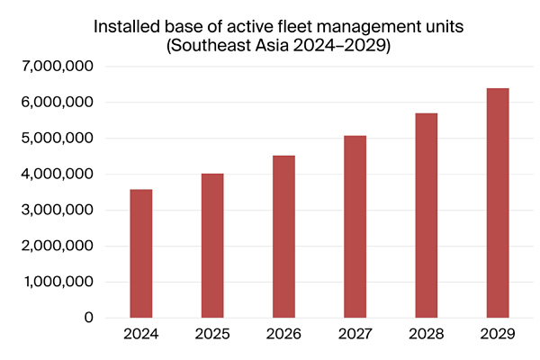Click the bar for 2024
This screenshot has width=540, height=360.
click(141, 254)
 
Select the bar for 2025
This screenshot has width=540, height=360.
click(212, 246)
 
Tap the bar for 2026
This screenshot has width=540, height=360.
click(283, 237)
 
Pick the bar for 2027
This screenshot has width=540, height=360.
click(355, 227)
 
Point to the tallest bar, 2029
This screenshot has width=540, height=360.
click(497, 203)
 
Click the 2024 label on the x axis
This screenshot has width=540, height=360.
click(141, 334)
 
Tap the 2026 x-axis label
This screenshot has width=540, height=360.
click(283, 334)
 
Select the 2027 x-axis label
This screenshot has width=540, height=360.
click(355, 334)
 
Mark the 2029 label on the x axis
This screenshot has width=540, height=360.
click(497, 334)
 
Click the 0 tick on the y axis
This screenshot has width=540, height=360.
click(88, 318)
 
